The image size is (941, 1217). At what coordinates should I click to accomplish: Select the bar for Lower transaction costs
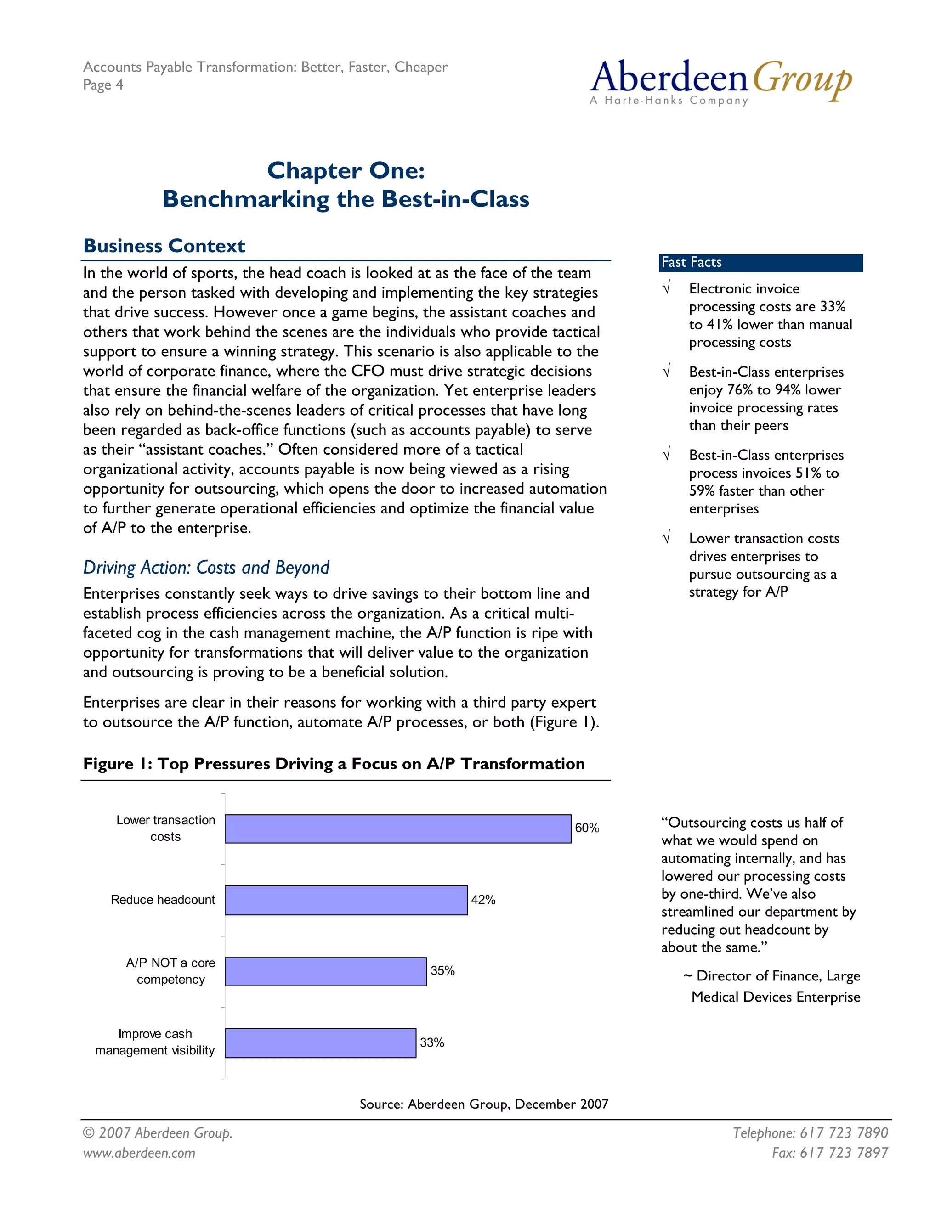(397, 828)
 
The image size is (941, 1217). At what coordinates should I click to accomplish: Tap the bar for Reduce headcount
(346, 900)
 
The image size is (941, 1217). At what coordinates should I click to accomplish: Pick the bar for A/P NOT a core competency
(326, 971)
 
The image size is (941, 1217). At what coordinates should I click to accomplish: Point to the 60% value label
(586, 828)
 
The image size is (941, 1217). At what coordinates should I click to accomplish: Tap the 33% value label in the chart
(431, 1042)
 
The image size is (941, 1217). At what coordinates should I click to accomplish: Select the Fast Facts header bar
(760, 262)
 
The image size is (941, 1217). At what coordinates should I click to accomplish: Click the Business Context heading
(164, 246)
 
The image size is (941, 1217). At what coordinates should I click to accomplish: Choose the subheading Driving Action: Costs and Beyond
(206, 567)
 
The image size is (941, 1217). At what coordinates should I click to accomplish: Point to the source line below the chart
(483, 1104)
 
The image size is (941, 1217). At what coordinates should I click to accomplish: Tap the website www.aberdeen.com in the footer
(139, 1153)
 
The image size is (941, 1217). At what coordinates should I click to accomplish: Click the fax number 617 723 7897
(829, 1153)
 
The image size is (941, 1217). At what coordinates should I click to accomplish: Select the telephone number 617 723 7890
(810, 1133)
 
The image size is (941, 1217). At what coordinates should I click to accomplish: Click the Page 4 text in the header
(102, 85)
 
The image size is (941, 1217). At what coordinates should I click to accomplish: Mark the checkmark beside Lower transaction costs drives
(666, 538)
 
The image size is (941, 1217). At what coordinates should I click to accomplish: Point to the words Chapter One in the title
(346, 170)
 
